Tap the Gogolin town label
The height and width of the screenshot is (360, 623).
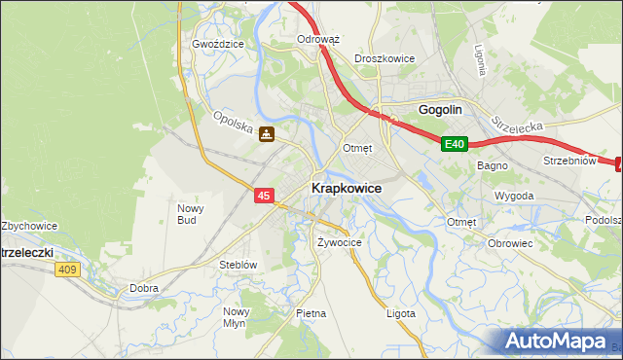[439, 110]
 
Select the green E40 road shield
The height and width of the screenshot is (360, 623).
[455, 144]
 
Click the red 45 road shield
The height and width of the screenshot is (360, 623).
[264, 196]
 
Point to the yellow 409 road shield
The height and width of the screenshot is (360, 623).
[66, 270]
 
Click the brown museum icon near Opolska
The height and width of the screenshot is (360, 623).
[266, 136]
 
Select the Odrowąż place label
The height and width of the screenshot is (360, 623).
[317, 40]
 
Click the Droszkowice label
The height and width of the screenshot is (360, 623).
[385, 58]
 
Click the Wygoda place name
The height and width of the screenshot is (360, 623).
[513, 196]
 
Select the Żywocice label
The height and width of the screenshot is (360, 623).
[340, 241]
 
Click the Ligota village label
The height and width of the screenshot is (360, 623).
[400, 313]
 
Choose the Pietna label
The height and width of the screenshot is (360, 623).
[311, 313]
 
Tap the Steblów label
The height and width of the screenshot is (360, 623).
[238, 264]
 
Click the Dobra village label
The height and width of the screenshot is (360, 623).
[144, 288]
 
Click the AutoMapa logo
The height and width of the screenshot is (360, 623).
[561, 341]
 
